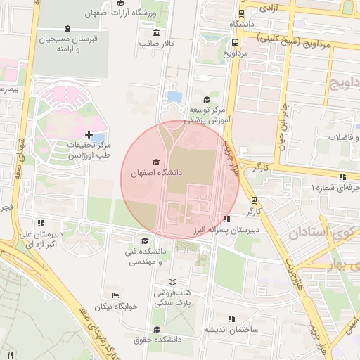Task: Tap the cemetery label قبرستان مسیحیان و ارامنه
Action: coord(67,44)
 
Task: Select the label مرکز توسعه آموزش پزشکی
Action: coord(207,115)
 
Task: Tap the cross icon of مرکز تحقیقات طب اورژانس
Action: coord(89,134)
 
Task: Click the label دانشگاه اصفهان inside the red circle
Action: coord(156,172)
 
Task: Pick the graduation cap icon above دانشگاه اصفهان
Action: coord(156,162)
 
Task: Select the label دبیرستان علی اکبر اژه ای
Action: coord(34,239)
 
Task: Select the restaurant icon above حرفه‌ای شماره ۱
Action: coord(342,177)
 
